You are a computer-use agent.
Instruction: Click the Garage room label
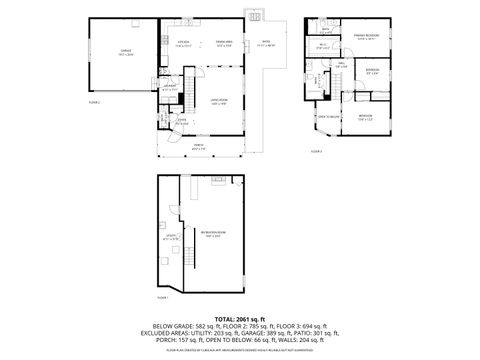(127, 53)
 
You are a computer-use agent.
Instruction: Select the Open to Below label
(331, 117)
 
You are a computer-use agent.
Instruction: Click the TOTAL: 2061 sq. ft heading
(239, 317)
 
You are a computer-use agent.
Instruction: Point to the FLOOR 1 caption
(163, 297)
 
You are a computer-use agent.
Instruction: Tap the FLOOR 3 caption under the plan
(316, 153)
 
